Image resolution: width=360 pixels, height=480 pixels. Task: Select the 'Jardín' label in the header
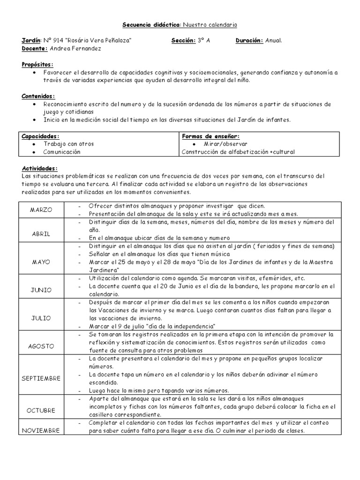click(x=31, y=41)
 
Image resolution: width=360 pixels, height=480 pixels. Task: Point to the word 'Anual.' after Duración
click(x=274, y=41)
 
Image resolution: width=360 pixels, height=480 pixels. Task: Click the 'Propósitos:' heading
click(x=38, y=64)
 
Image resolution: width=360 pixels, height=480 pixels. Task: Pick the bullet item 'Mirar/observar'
click(x=225, y=144)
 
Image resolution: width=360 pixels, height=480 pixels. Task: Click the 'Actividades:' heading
click(x=40, y=168)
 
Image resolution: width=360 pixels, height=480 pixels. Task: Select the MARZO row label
click(x=42, y=210)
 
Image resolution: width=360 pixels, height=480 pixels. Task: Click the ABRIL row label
click(x=42, y=233)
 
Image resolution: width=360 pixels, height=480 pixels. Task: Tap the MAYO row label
click(x=42, y=262)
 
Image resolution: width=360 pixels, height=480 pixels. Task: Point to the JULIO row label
click(x=42, y=317)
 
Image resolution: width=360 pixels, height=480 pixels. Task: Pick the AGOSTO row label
click(x=42, y=346)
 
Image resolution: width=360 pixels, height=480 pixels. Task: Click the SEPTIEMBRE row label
click(x=42, y=378)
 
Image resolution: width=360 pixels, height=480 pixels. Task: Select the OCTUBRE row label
click(x=42, y=411)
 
